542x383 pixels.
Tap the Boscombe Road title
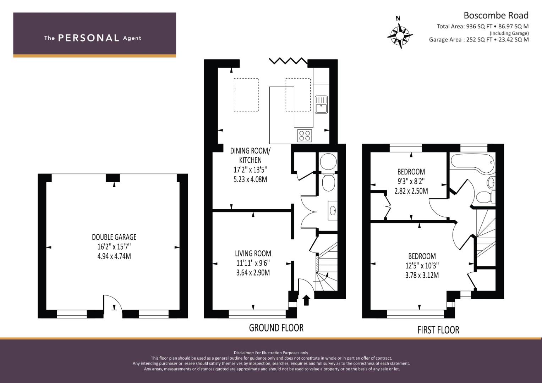(496, 16)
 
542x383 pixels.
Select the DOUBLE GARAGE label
(114, 237)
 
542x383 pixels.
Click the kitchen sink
(321, 105)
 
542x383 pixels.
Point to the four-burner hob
(305, 135)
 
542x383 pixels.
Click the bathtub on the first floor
(473, 163)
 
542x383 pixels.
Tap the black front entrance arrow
(307, 300)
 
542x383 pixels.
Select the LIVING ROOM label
(253, 254)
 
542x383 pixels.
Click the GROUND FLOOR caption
(276, 328)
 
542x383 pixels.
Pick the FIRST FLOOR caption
(438, 330)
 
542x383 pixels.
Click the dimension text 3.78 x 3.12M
(422, 275)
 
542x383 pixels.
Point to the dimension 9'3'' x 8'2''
(411, 181)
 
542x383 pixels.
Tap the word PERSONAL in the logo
(89, 38)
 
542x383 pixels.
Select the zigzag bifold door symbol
(289, 61)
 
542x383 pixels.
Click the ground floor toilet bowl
(328, 183)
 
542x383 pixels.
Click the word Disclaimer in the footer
(243, 353)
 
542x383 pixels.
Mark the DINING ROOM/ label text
(250, 151)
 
